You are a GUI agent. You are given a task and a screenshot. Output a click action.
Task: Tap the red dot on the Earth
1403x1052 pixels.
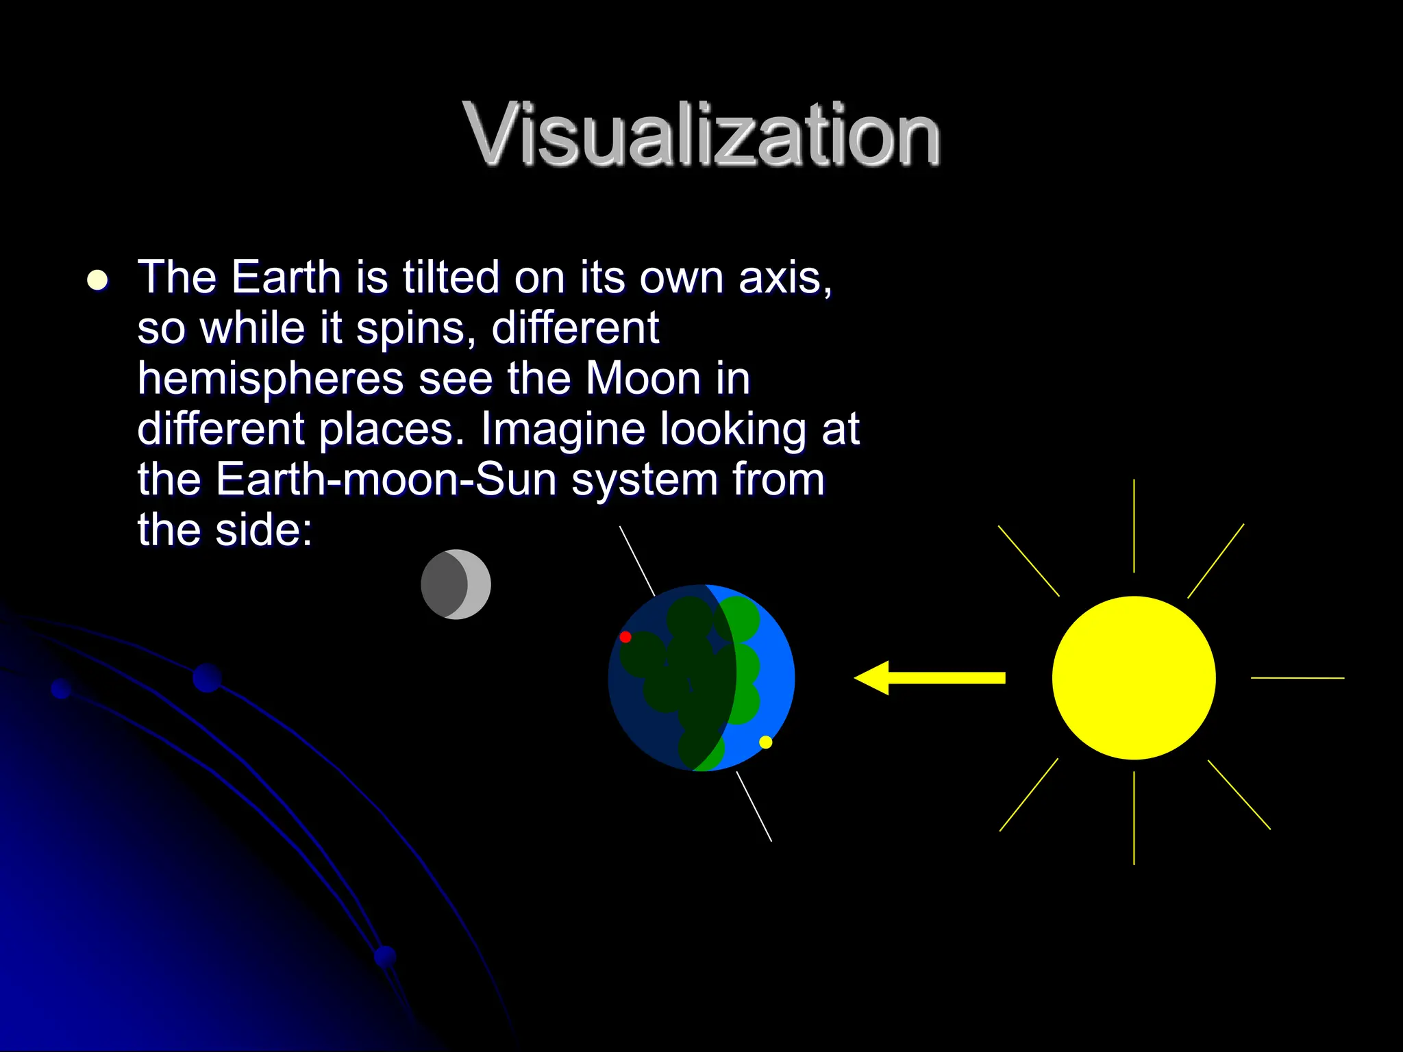click(x=625, y=637)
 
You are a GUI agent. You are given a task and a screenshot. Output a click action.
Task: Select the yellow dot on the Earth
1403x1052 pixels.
click(x=766, y=742)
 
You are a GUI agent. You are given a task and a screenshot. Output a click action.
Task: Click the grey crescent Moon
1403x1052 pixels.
click(x=456, y=584)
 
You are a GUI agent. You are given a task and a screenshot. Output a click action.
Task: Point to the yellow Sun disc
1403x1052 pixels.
click(x=1134, y=677)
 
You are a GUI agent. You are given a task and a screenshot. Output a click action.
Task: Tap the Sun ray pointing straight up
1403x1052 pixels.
click(x=1134, y=526)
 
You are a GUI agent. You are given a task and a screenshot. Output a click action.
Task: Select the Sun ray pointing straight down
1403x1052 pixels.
click(x=1134, y=818)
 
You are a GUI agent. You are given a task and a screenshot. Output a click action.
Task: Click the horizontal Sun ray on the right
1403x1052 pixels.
click(x=1298, y=677)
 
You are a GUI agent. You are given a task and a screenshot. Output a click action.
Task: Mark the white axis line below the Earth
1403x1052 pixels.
click(x=754, y=806)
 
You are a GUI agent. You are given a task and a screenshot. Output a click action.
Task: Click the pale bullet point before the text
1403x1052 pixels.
click(x=98, y=280)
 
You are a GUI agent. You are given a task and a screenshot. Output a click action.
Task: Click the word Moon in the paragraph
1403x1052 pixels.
click(x=643, y=378)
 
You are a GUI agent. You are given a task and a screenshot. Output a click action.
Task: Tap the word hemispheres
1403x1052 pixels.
click(x=271, y=379)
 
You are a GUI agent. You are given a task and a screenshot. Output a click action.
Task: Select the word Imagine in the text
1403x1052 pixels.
click(x=562, y=430)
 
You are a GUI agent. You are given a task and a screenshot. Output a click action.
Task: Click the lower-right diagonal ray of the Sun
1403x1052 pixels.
click(x=1239, y=794)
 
